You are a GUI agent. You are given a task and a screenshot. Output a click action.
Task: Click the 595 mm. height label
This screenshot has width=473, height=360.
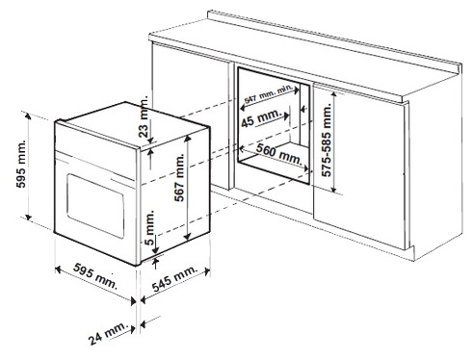click(21, 164)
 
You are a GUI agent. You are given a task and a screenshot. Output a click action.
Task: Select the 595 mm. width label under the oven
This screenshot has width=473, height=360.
click(95, 275)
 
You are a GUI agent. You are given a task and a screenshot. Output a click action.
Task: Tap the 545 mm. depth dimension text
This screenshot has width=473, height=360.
click(174, 278)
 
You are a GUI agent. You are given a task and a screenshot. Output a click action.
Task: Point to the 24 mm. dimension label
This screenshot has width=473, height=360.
click(108, 333)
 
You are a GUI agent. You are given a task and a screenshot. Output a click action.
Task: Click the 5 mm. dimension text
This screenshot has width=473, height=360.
click(149, 227)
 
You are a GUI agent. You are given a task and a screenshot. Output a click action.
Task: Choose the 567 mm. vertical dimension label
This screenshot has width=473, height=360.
click(180, 177)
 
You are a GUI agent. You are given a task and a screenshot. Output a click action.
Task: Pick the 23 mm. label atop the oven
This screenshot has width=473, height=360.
click(145, 116)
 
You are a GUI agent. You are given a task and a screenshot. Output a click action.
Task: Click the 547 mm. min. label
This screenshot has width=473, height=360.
click(268, 93)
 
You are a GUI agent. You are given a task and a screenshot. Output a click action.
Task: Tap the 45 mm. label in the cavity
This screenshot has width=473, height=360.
click(261, 118)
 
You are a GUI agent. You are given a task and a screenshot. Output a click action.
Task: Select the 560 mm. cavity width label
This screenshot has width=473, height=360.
click(279, 154)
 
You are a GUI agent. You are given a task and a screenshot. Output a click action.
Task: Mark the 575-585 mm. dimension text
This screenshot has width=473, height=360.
click(327, 140)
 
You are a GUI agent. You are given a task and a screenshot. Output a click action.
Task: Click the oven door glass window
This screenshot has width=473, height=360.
click(95, 206)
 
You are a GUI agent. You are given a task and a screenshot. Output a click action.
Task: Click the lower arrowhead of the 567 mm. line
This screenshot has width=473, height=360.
click(188, 237)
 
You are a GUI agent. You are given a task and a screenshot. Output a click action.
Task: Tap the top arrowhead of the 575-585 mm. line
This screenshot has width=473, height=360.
click(334, 93)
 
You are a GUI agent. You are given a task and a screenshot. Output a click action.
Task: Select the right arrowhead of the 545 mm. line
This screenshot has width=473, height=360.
click(207, 272)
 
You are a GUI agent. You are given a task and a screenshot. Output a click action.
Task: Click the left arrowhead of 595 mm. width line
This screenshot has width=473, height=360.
click(58, 270)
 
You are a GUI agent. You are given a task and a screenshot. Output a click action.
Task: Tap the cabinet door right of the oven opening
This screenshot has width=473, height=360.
click(359, 167)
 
